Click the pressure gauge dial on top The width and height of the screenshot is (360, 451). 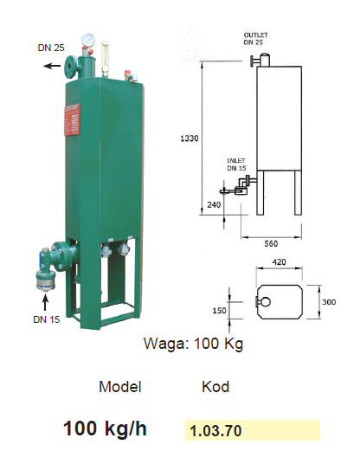88,40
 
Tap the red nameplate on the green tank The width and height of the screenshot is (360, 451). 72,119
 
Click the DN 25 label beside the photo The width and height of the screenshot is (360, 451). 51,48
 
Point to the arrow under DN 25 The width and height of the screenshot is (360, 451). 52,66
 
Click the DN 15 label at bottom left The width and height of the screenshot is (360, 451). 47,319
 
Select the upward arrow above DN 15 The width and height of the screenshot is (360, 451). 45,302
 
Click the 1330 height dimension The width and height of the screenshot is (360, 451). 190,139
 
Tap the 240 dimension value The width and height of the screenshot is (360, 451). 214,205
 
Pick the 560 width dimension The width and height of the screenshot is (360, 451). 271,244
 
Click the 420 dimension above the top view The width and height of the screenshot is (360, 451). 279,262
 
